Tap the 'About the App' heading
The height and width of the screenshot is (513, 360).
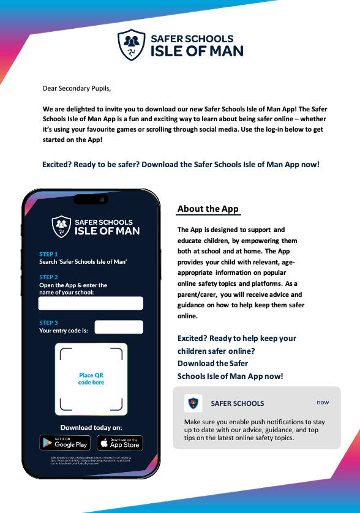coord(208,209)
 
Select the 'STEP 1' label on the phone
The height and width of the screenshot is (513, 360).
coord(48,254)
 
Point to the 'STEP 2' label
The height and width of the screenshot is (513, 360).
coord(48,277)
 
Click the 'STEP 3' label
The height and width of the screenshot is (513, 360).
coord(48,323)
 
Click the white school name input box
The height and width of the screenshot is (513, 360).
coord(91,304)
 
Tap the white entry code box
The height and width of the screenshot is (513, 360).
coord(119,327)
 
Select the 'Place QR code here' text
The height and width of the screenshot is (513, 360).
coord(91,379)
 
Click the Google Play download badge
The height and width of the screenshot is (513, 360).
coord(65,443)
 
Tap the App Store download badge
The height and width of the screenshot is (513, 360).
coord(119,443)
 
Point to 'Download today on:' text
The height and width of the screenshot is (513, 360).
coord(91,427)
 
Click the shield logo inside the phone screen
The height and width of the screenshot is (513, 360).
coord(61,226)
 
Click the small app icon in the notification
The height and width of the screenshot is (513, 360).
coord(193,403)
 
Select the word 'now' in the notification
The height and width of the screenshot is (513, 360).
coord(323,402)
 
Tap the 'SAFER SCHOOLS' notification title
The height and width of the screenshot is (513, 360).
coord(238,403)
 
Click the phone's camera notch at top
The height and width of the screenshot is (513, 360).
coord(91,199)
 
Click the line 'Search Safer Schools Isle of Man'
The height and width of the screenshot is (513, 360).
coord(83,262)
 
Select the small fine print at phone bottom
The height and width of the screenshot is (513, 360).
coord(91,460)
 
